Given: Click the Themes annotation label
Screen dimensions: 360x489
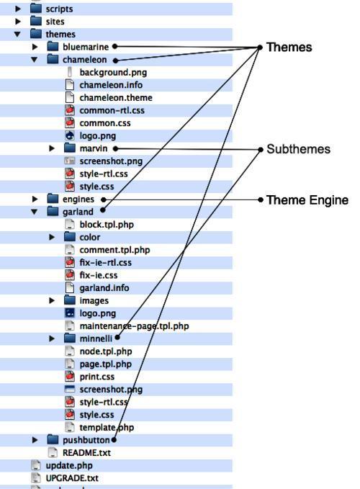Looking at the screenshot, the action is pyautogui.click(x=289, y=48).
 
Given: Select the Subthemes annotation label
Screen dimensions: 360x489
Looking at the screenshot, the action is pyautogui.click(x=298, y=149).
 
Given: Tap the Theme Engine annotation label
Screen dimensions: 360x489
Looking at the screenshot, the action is pyautogui.click(x=307, y=200).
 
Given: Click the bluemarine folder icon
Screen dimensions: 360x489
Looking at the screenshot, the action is pyautogui.click(x=53, y=47).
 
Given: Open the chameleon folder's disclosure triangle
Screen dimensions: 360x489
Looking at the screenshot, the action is pyautogui.click(x=35, y=60).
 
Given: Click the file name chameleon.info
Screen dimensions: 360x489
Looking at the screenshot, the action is pyautogui.click(x=111, y=85).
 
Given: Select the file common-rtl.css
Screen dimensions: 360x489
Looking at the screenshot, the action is pyautogui.click(x=112, y=111).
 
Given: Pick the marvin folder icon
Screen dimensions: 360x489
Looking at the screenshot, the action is pyautogui.click(x=70, y=148).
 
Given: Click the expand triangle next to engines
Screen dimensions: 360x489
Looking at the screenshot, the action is pyautogui.click(x=35, y=199).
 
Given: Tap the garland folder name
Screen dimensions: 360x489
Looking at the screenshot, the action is pyautogui.click(x=78, y=212).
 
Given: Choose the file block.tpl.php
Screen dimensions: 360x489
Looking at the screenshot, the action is pyautogui.click(x=107, y=225).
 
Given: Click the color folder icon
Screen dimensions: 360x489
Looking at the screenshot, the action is pyautogui.click(x=70, y=237).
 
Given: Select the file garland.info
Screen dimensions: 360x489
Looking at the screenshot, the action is pyautogui.click(x=104, y=288).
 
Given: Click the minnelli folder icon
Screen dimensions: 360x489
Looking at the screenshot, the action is pyautogui.click(x=70, y=338).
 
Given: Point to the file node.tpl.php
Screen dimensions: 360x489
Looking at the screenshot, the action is pyautogui.click(x=106, y=351).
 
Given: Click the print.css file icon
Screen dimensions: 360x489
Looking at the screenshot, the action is pyautogui.click(x=70, y=377).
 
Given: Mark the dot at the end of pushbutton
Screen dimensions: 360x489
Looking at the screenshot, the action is pyautogui.click(x=114, y=440).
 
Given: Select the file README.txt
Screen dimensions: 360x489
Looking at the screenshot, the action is pyautogui.click(x=86, y=453).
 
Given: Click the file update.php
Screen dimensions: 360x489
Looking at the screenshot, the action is pyautogui.click(x=69, y=466).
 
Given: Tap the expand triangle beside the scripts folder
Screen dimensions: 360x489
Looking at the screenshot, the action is pyautogui.click(x=18, y=9).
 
